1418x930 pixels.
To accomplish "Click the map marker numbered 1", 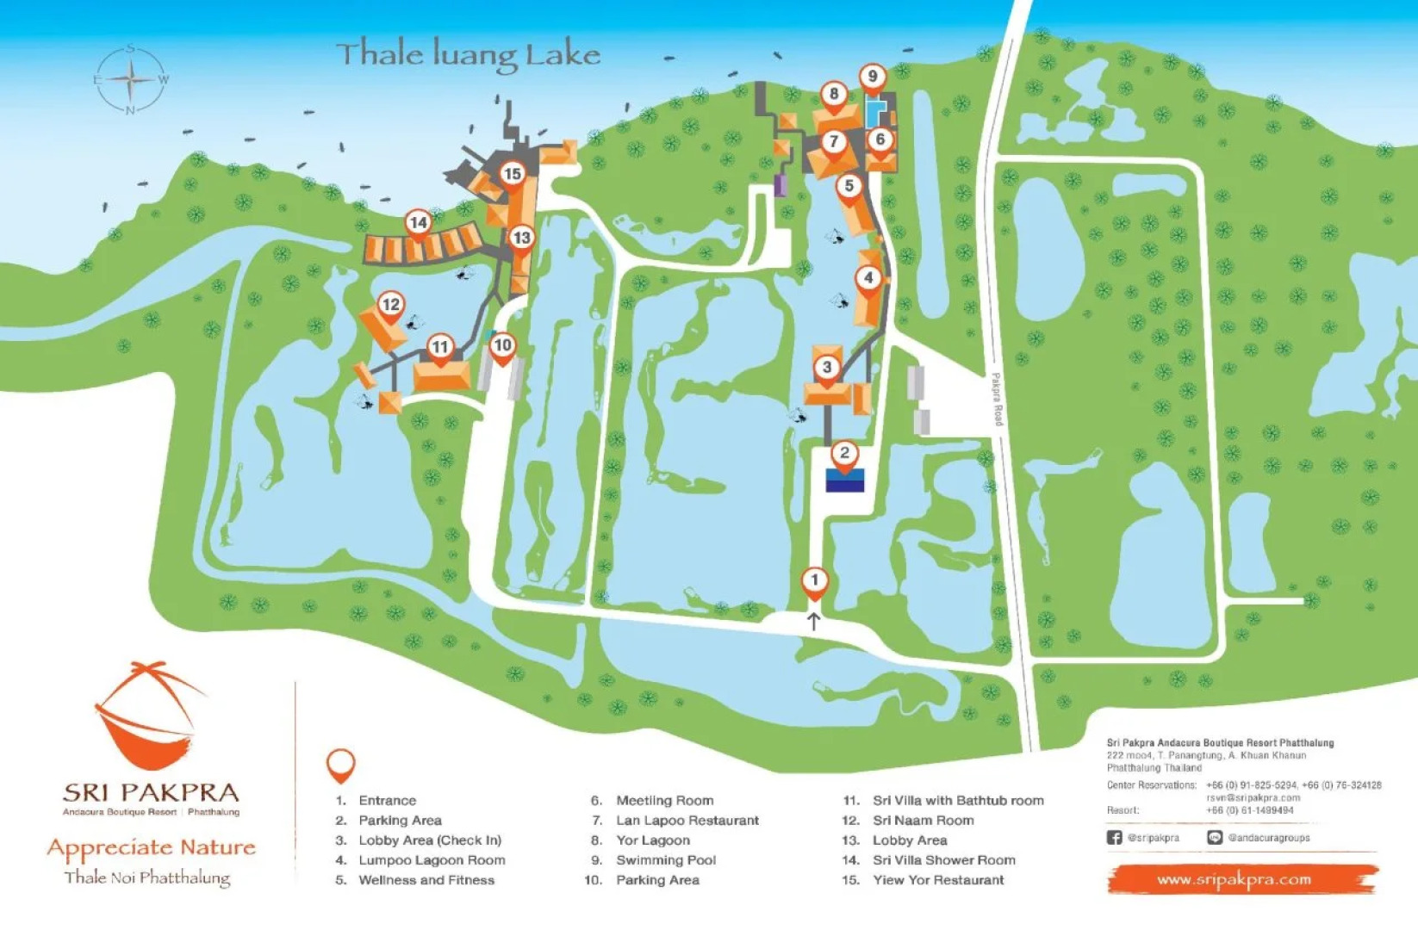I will point(814,581).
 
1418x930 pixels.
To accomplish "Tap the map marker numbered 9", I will point(873,77).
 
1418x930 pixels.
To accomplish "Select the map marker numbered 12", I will point(391,305).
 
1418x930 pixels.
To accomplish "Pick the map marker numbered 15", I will point(513,175).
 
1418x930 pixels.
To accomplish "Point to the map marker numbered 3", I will point(827,369).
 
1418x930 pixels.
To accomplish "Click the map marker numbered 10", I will point(502,346).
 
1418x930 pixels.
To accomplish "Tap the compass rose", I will point(130,80).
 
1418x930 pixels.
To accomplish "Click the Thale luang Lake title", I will point(468,55).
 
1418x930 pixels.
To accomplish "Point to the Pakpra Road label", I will point(997,399).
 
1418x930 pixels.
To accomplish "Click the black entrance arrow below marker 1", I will point(813,621).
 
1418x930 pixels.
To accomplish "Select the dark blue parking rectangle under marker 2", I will point(844,480).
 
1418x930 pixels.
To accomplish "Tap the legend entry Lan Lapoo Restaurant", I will point(687,821).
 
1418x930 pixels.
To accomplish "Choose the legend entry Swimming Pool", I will point(665,860).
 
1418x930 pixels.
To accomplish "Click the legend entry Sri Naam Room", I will point(923,821).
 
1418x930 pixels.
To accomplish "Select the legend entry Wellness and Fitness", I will point(426,880).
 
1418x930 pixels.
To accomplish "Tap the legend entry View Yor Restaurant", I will point(937,880).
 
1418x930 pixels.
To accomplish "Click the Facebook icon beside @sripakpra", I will point(1114,837).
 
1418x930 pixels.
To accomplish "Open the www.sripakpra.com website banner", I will point(1234,879).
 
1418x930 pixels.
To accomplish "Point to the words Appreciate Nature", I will point(152,847).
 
